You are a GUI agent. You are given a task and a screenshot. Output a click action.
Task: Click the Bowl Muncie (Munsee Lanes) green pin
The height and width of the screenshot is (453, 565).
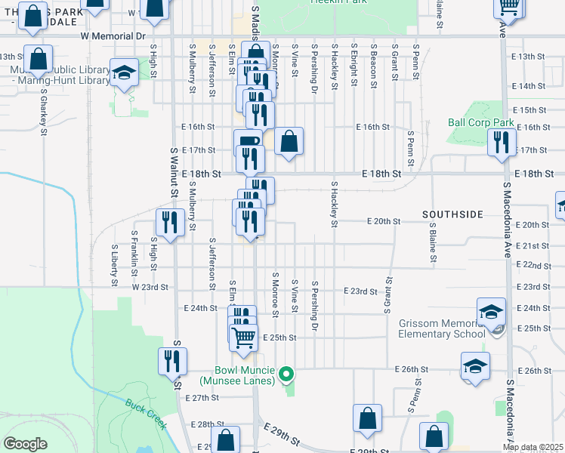[286, 373]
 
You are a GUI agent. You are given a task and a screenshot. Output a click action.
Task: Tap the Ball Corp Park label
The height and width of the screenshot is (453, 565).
[480, 122]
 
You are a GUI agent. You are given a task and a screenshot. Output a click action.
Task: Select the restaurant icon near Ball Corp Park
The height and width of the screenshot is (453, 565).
[502, 141]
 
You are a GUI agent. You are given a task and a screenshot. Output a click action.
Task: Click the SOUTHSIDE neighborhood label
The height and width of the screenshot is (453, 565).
[452, 214]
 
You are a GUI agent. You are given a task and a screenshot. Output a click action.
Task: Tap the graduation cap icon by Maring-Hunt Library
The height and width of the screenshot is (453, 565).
[123, 73]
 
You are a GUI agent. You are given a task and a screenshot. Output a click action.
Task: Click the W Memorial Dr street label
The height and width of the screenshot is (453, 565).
[113, 35]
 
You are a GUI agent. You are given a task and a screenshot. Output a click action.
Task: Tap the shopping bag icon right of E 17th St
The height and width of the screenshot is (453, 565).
[289, 141]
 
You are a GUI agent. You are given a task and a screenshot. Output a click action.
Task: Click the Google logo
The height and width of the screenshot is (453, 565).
[26, 443]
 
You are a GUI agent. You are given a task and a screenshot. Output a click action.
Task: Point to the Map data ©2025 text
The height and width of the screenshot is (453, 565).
[533, 447]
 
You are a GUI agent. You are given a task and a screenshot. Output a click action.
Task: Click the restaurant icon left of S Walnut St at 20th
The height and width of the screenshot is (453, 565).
[170, 222]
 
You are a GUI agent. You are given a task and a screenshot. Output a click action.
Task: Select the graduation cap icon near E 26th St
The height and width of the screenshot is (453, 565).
[475, 366]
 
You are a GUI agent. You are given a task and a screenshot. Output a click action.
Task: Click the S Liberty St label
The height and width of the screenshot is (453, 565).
[115, 258]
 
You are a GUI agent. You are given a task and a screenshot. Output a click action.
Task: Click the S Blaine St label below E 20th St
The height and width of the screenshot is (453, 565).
[434, 243]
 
